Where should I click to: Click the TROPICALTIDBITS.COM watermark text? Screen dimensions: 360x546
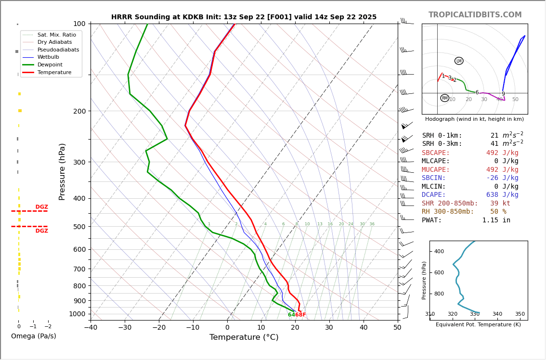pyautogui.click(x=475, y=15)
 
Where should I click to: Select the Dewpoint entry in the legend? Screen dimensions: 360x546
pyautogui.click(x=50, y=64)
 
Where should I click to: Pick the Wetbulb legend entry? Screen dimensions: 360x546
pyautogui.click(x=48, y=57)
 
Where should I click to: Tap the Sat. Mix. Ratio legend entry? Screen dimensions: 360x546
pyautogui.click(x=56, y=35)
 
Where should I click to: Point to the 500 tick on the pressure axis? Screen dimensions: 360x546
pyautogui.click(x=79, y=227)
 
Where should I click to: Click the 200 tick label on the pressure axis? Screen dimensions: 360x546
pyautogui.click(x=79, y=111)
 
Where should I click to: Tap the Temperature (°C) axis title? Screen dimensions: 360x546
pyautogui.click(x=244, y=337)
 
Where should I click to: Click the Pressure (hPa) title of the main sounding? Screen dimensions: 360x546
pyautogui.click(x=62, y=171)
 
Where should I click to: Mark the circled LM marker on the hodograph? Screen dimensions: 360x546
pyautogui.click(x=459, y=61)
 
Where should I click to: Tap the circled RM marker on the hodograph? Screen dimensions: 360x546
pyautogui.click(x=444, y=98)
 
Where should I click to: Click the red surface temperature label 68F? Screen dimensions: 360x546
pyautogui.click(x=300, y=315)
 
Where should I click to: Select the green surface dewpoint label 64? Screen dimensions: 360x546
pyautogui.click(x=291, y=315)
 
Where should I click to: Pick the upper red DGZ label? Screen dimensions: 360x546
pyautogui.click(x=41, y=207)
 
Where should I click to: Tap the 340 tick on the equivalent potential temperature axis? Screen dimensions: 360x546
pyautogui.click(x=497, y=314)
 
